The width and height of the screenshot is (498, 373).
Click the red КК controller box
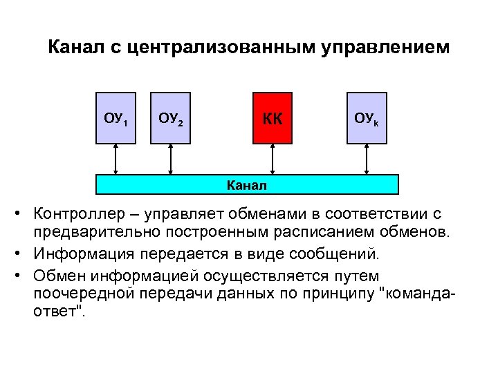click(273, 117)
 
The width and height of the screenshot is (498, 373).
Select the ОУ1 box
click(116, 117)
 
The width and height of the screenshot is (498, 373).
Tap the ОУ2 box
click(171, 117)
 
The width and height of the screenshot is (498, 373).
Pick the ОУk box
click(366, 117)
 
